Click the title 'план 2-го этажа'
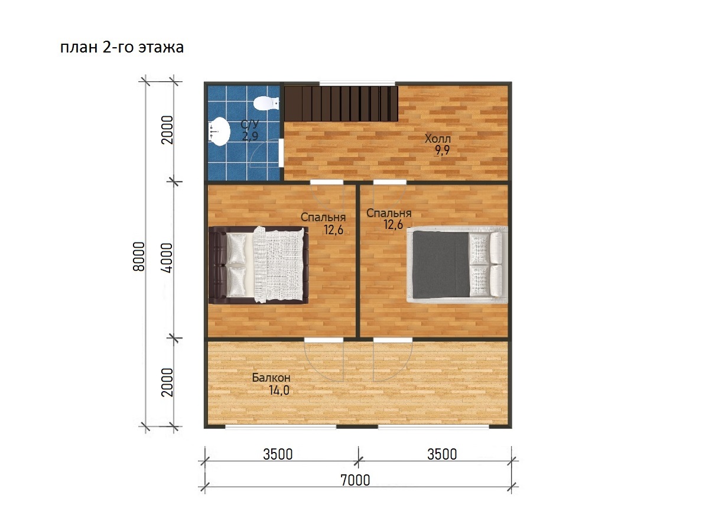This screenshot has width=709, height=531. point(122,47)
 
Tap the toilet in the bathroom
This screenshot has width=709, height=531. point(266,103)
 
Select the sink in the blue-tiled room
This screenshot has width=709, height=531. point(219,132)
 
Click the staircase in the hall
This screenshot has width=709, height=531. point(341,103)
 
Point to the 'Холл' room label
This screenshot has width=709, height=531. point(438,139)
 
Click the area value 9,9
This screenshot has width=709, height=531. point(442,150)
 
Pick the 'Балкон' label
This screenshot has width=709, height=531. point(271,378)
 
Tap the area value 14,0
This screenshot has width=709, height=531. point(279,391)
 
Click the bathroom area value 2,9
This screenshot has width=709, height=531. point(250,136)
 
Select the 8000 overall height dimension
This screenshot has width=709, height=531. point(139,257)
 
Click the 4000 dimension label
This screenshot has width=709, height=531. point(167,258)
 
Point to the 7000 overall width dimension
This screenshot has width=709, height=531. point(355,480)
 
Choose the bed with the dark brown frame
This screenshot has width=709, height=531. point(258,265)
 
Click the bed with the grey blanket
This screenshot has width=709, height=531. point(457,265)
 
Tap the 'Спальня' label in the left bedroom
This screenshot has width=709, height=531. point(323,217)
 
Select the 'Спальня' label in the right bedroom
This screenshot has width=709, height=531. point(389,213)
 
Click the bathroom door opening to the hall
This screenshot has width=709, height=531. point(281,153)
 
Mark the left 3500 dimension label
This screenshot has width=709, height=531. point(278,454)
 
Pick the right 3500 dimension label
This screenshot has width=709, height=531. point(442,454)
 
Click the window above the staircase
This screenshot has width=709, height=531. point(357,84)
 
